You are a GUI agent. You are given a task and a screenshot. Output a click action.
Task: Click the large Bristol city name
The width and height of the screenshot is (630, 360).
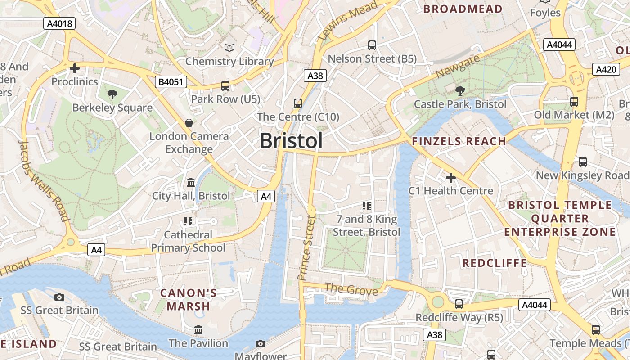(x=291, y=141)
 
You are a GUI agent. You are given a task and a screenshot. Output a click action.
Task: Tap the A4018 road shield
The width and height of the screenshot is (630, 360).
(x=59, y=23)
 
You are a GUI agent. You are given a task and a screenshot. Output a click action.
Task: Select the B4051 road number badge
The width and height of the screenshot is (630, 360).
(x=171, y=82)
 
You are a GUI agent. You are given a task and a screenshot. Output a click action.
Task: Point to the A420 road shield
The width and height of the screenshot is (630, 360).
(x=605, y=69)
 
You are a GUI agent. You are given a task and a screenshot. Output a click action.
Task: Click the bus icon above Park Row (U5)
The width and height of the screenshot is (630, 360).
(x=225, y=86)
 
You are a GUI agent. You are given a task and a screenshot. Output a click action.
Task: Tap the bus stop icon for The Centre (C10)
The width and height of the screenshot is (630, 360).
(x=298, y=103)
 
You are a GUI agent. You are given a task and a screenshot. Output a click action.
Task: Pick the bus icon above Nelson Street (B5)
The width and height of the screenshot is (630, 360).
(x=372, y=45)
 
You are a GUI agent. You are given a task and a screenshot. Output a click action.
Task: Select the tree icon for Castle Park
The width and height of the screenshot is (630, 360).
(x=460, y=91)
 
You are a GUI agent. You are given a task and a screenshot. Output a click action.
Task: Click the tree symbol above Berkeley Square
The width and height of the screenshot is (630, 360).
(x=112, y=94)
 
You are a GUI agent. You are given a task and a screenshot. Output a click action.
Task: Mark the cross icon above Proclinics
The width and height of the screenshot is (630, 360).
(x=75, y=68)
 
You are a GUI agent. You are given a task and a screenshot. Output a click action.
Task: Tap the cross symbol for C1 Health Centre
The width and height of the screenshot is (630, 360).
(x=450, y=178)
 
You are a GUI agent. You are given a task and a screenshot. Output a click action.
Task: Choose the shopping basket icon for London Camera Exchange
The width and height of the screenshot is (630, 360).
(x=189, y=123)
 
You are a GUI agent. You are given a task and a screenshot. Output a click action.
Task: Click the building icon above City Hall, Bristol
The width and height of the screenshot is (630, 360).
(x=191, y=183)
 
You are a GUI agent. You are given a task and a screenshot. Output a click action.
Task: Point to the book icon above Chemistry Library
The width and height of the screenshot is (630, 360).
(x=229, y=48)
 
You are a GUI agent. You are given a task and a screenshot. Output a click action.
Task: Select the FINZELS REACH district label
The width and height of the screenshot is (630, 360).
(x=459, y=141)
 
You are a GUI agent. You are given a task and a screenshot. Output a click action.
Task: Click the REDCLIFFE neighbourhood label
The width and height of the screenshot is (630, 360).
(x=495, y=263)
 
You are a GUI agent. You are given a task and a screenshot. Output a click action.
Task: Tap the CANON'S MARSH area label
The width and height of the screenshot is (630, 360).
(x=189, y=300)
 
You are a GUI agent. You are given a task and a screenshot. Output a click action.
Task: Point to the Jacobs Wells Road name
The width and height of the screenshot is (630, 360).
(x=44, y=180)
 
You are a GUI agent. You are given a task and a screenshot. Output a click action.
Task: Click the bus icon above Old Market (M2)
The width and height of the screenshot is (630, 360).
(x=574, y=102)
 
